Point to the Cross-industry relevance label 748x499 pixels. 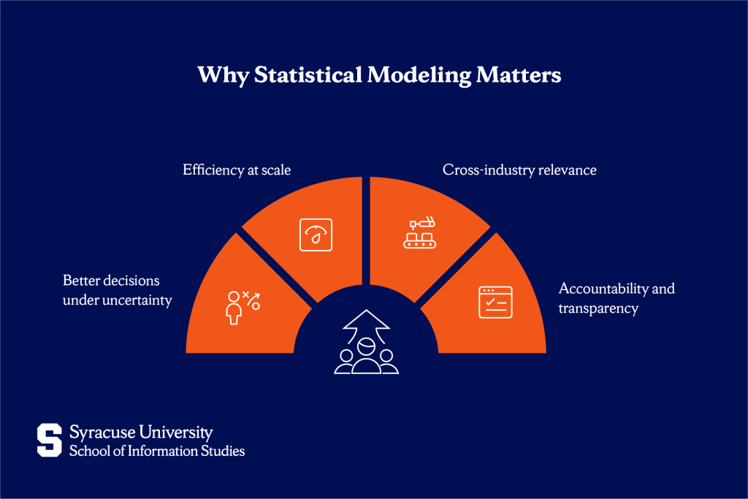tap(519, 170)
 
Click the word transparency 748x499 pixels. tap(598, 308)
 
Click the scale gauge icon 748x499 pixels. tap(316, 235)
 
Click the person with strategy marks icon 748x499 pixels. tap(242, 306)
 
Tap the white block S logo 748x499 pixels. tap(50, 441)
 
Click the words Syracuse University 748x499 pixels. tap(141, 433)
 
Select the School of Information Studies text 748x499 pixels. tap(157, 451)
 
